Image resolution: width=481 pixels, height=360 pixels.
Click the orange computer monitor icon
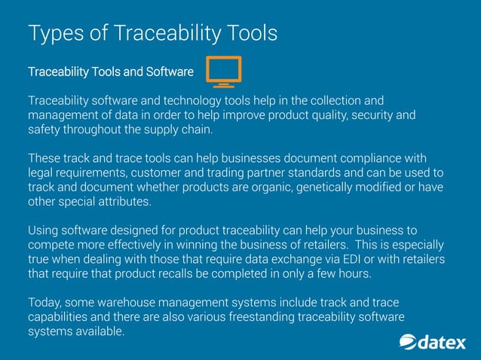tap(223, 72)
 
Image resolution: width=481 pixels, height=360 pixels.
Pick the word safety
tap(45, 130)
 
